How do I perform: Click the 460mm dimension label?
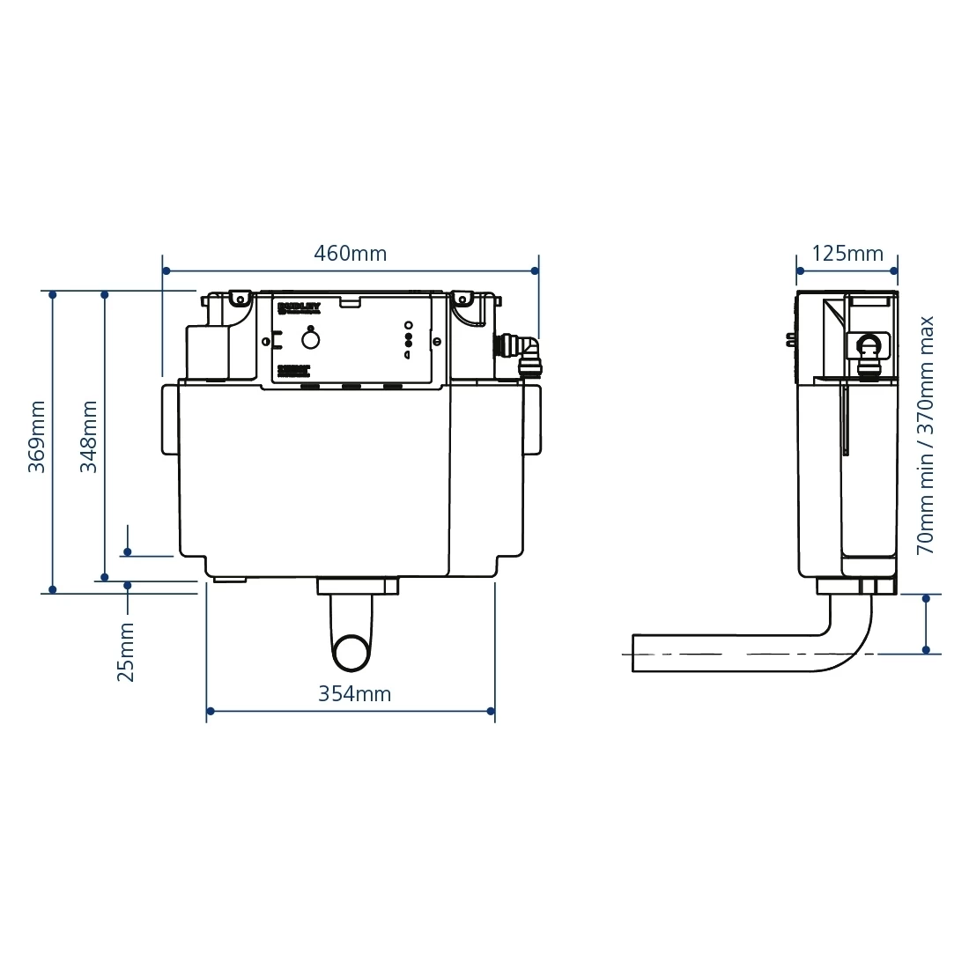tap(351, 254)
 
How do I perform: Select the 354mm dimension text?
tap(354, 694)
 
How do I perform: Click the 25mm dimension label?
tap(127, 652)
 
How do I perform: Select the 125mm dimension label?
tap(847, 254)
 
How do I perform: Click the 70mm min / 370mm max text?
tap(925, 436)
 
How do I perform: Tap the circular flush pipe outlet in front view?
tap(352, 653)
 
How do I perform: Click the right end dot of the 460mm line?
tap(538, 271)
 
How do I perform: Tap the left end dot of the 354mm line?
tap(208, 710)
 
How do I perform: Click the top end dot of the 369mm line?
tap(53, 294)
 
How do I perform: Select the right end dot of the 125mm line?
tap(895, 271)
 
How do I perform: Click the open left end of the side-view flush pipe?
tap(635, 654)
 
